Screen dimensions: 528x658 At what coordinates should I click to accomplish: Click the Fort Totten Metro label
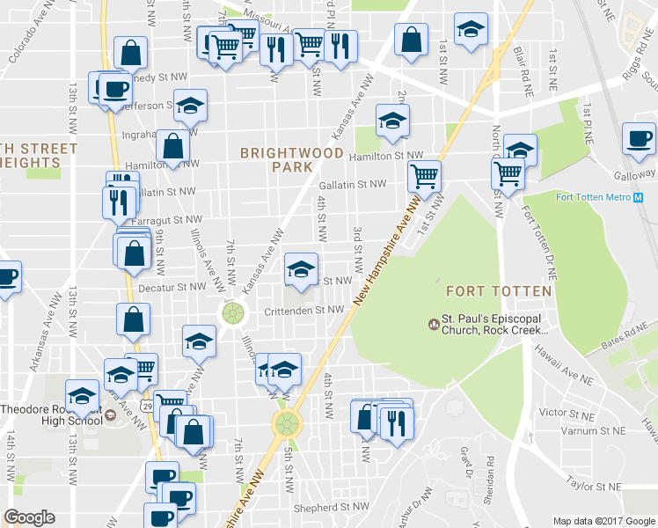click(592, 196)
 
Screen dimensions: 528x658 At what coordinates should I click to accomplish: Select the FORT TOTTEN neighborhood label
click(499, 290)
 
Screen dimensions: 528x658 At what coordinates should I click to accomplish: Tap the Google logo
click(29, 517)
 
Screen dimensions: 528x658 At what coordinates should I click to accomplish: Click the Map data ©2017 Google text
click(603, 521)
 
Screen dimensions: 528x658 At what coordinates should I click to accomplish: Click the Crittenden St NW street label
click(303, 310)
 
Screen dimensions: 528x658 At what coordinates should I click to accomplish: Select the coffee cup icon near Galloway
click(639, 138)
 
